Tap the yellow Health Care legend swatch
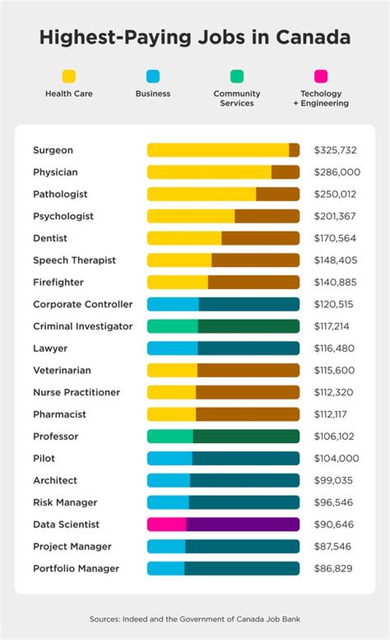(x=69, y=76)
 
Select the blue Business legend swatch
(x=153, y=76)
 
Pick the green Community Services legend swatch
(x=237, y=76)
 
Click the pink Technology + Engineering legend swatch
(x=321, y=76)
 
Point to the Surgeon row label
(x=53, y=150)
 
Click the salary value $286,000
(x=337, y=172)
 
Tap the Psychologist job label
(x=63, y=216)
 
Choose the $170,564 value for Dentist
(x=335, y=238)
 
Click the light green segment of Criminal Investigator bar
(x=173, y=327)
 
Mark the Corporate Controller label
(x=82, y=304)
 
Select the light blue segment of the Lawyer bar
(x=172, y=348)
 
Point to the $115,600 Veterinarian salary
(x=335, y=370)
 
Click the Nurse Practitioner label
(x=76, y=392)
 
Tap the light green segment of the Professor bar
(x=170, y=437)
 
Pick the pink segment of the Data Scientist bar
(x=167, y=524)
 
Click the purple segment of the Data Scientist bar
(x=243, y=524)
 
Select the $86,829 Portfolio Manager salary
(x=333, y=568)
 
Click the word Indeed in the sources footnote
(x=137, y=619)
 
